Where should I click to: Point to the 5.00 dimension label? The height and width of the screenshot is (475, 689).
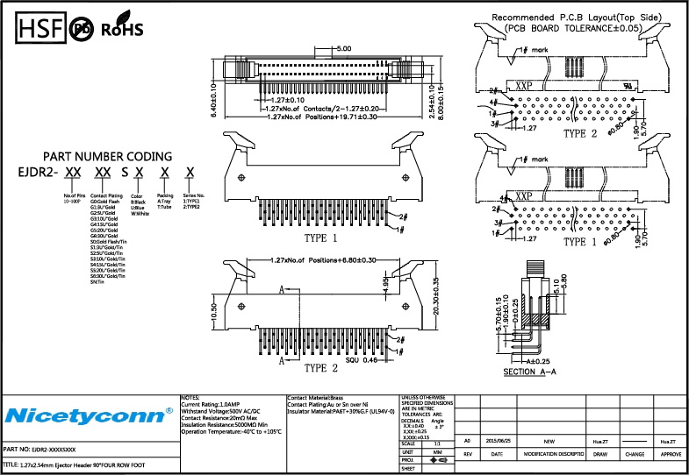coord(342,49)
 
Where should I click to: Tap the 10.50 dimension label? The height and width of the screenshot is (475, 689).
coord(213,312)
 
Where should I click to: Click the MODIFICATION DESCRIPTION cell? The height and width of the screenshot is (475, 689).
coord(554,454)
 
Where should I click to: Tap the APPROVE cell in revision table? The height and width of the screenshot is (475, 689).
coord(671,454)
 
